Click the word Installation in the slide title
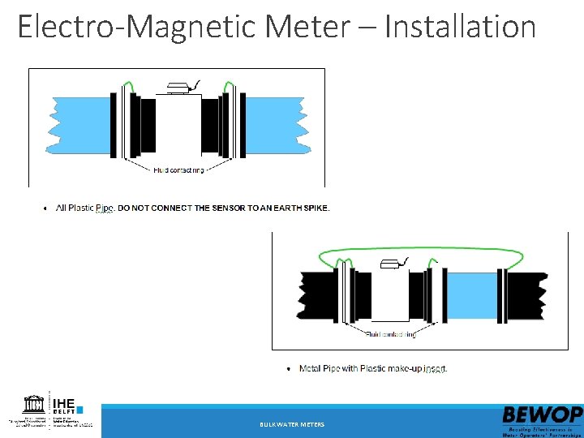click(x=460, y=27)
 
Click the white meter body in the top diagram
click(x=178, y=126)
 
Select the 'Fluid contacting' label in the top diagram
click(x=178, y=170)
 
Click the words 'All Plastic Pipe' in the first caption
click(x=84, y=208)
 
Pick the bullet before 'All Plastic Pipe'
click(x=44, y=208)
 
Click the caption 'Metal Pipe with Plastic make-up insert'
click(x=373, y=368)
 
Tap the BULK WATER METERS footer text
click(x=291, y=425)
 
